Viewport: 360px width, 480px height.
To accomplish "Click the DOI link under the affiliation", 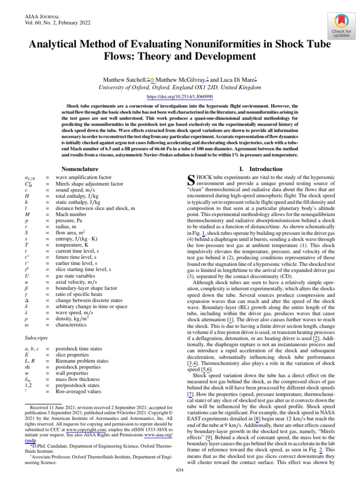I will point(180,96).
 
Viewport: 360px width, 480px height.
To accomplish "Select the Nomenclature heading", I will point(80,168).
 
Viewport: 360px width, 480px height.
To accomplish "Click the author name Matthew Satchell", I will point(124,80).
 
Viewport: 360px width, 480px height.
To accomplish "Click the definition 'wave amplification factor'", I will point(83,178).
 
